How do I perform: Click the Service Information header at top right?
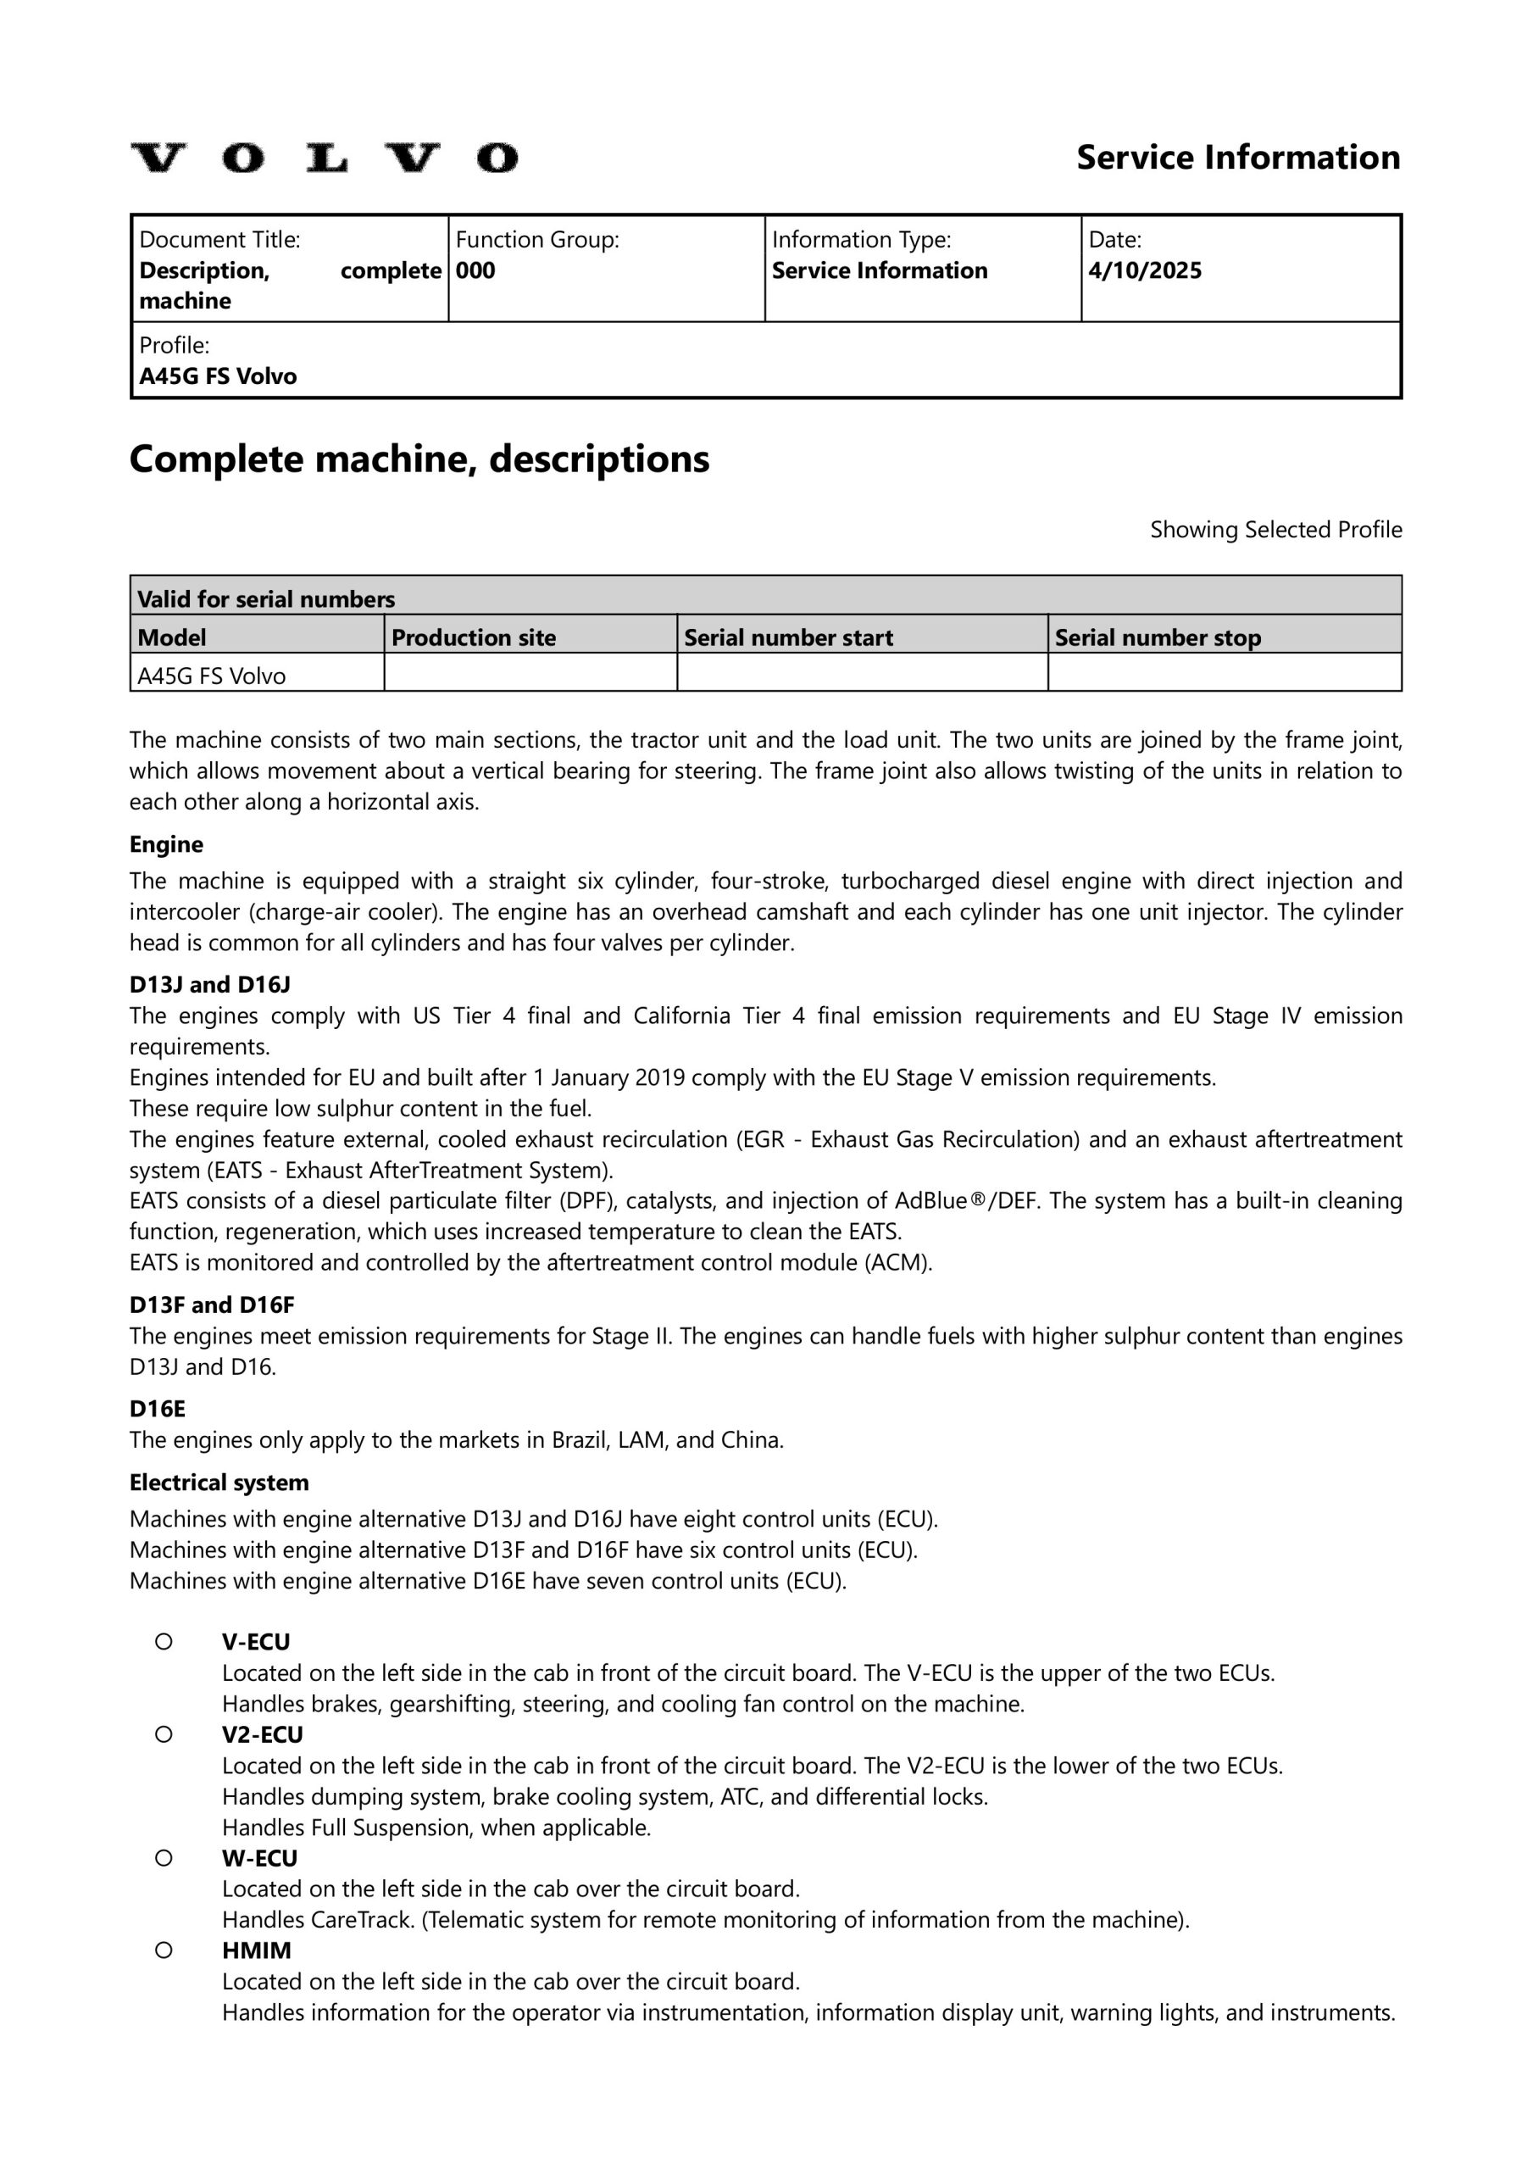pyautogui.click(x=1237, y=157)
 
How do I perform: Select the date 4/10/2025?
pyautogui.click(x=1145, y=270)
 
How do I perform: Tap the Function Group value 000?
pyautogui.click(x=475, y=270)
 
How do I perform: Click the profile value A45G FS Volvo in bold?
pyautogui.click(x=218, y=376)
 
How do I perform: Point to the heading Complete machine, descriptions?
pyautogui.click(x=419, y=459)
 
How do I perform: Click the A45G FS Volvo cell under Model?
pyautogui.click(x=212, y=676)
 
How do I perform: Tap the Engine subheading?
pyautogui.click(x=166, y=844)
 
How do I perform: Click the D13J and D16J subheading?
pyautogui.click(x=210, y=984)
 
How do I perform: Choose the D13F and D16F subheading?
pyautogui.click(x=212, y=1305)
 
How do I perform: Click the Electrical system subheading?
pyautogui.click(x=219, y=1482)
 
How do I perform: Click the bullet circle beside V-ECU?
pyautogui.click(x=164, y=1642)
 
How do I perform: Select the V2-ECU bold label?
pyautogui.click(x=263, y=1734)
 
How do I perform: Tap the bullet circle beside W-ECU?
pyautogui.click(x=164, y=1858)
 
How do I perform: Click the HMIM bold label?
pyautogui.click(x=257, y=1950)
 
